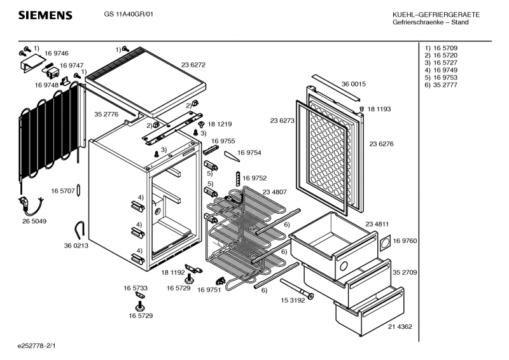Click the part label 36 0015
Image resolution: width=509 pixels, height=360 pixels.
point(353,84)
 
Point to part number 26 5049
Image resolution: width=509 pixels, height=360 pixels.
point(34,221)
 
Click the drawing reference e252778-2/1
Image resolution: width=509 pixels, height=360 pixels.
point(41,347)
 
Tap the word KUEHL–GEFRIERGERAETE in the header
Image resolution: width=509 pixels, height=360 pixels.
point(431,15)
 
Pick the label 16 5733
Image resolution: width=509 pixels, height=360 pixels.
point(136,288)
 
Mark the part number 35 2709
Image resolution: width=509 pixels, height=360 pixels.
point(405,272)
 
